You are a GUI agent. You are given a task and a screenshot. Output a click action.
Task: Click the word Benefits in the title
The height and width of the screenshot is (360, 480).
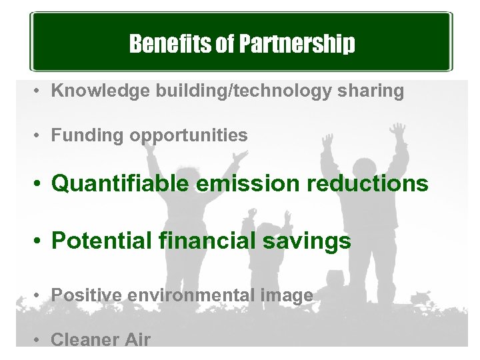(x=160, y=44)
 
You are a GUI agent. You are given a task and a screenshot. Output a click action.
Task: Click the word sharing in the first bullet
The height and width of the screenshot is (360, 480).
(x=373, y=91)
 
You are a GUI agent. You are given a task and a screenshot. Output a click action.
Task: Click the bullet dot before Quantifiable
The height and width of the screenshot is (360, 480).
(x=39, y=184)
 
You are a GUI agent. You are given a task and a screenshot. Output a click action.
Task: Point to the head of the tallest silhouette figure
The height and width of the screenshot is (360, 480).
(x=363, y=169)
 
